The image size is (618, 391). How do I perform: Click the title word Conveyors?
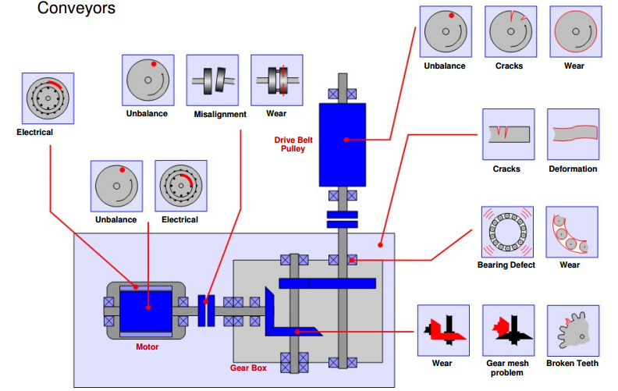(76, 8)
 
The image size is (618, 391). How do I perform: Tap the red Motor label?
(147, 347)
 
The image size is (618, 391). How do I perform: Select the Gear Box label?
(248, 368)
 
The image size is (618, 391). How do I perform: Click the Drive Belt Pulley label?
(293, 144)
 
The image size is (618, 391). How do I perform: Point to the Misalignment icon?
(212, 80)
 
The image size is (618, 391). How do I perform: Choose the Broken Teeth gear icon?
(573, 331)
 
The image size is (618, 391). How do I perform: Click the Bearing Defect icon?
(508, 232)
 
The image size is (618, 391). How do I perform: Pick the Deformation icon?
(573, 134)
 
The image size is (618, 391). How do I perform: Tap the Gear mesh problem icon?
(509, 330)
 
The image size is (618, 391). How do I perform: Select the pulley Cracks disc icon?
(511, 31)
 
